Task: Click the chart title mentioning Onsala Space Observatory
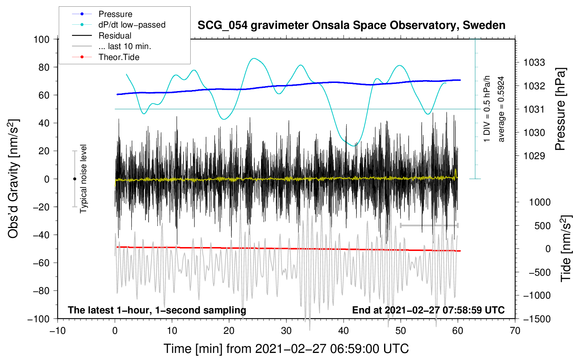(x=351, y=25)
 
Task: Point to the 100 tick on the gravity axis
(x=41, y=39)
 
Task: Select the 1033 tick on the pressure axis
(x=534, y=62)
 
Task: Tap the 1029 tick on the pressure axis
(x=534, y=156)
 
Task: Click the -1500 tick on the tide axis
(x=537, y=319)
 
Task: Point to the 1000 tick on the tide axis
(x=539, y=202)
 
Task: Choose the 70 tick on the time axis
(x=515, y=331)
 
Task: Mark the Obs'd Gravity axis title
(x=13, y=179)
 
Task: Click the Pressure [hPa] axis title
(x=560, y=109)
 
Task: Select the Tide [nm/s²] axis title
(x=566, y=248)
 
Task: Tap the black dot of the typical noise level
(x=74, y=179)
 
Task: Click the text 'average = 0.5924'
(x=501, y=109)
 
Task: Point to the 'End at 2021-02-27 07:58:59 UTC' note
(x=428, y=310)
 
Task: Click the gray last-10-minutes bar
(x=429, y=225)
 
